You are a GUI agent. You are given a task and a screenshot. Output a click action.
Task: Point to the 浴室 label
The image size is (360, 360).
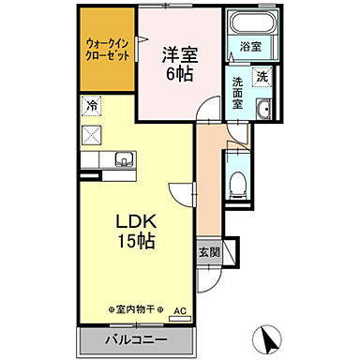(249, 46)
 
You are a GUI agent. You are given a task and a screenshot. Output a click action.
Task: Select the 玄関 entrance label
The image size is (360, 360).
(209, 251)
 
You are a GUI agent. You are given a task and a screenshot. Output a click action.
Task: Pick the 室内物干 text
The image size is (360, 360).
(136, 308)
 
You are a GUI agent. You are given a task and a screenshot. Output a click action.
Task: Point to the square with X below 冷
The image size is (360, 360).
(92, 133)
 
